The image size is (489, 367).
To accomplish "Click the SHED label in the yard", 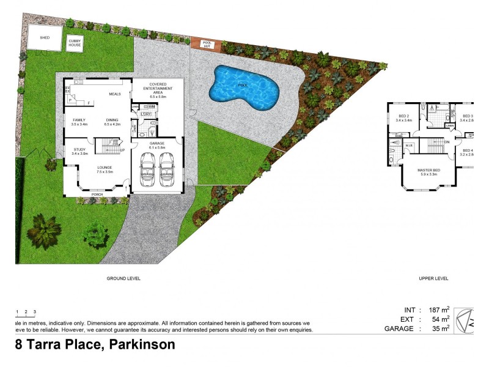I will (x=45, y=37).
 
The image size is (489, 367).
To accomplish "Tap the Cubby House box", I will (x=75, y=43).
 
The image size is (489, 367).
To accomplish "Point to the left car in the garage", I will (x=148, y=168).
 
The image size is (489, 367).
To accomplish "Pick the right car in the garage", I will (x=167, y=168).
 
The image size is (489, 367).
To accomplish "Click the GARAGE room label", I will (x=157, y=143).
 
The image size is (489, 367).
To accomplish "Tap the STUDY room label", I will (x=79, y=149).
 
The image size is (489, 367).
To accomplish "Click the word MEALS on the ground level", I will (x=115, y=94).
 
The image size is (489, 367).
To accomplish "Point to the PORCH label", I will (x=97, y=196).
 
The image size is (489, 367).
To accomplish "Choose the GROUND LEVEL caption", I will (x=123, y=278).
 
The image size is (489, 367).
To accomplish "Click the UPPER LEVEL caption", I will (x=433, y=278).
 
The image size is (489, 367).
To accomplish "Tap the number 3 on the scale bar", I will (x=35, y=313).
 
